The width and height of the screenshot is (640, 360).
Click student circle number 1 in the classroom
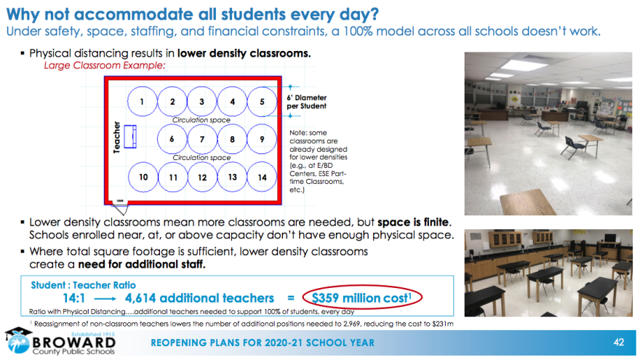pyautogui.click(x=143, y=102)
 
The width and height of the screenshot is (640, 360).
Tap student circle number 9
pyautogui.click(x=262, y=138)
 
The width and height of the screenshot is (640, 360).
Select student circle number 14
pyautogui.click(x=262, y=177)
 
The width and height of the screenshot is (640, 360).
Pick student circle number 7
pyautogui.click(x=202, y=138)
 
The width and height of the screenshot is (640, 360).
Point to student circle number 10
pyautogui.click(x=144, y=177)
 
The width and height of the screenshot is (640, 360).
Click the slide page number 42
pyautogui.click(x=619, y=343)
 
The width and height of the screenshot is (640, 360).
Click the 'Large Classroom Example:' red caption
pyautogui.click(x=105, y=65)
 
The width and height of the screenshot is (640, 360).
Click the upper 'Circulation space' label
pyautogui.click(x=201, y=120)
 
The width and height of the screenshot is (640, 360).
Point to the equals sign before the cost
pyautogui.click(x=291, y=298)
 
